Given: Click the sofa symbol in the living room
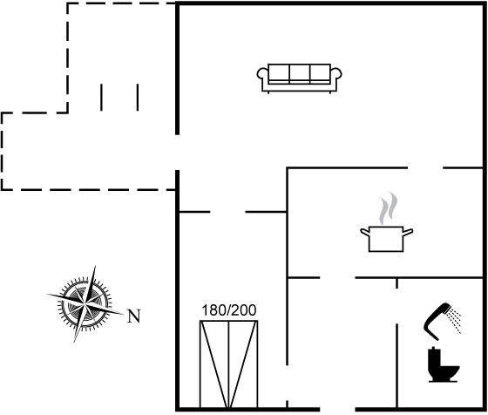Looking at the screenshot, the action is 299,78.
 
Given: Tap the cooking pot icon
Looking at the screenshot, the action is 387,239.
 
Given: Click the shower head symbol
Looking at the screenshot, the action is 437,321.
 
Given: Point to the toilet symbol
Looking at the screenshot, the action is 444,364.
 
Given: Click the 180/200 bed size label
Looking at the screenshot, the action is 229,310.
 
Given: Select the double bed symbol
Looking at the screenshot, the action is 228,364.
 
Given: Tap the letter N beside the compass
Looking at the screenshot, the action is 134,316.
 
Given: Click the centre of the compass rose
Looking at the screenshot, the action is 85,303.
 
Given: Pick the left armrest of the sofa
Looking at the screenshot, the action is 262,74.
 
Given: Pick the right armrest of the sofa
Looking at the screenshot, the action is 336,74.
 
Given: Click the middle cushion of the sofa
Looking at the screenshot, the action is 300,73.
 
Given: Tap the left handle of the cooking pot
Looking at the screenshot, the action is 365,232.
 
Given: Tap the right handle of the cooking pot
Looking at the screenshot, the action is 409,232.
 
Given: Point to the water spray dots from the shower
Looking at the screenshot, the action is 455,320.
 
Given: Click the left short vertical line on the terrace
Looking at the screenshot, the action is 101,97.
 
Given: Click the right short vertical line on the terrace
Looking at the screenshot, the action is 138,97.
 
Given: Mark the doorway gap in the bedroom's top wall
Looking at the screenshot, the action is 227,212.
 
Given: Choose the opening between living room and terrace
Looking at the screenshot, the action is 178,153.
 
